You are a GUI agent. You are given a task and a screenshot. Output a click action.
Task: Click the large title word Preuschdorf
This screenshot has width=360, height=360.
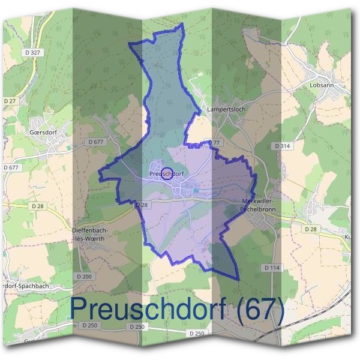pyautogui.click(x=148, y=308)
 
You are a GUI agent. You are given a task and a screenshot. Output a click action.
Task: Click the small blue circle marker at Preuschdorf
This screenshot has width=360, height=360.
pyautogui.click(x=168, y=173)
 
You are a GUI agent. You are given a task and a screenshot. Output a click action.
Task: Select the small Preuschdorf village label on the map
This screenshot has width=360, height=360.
pyautogui.click(x=165, y=174)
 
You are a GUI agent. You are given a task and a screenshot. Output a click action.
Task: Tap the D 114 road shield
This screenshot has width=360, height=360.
pyautogui.click(x=272, y=267)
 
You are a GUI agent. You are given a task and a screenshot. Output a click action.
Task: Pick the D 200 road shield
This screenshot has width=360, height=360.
pyautogui.click(x=85, y=276)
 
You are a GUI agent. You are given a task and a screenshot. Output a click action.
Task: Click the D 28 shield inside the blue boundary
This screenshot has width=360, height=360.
pyautogui.click(x=142, y=205)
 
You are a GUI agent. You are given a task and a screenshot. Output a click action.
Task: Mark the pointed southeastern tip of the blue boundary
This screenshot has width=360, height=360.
pyautogui.click(x=238, y=279)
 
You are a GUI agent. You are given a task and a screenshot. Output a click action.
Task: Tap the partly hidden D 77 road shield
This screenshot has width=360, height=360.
pyautogui.click(x=215, y=142)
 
